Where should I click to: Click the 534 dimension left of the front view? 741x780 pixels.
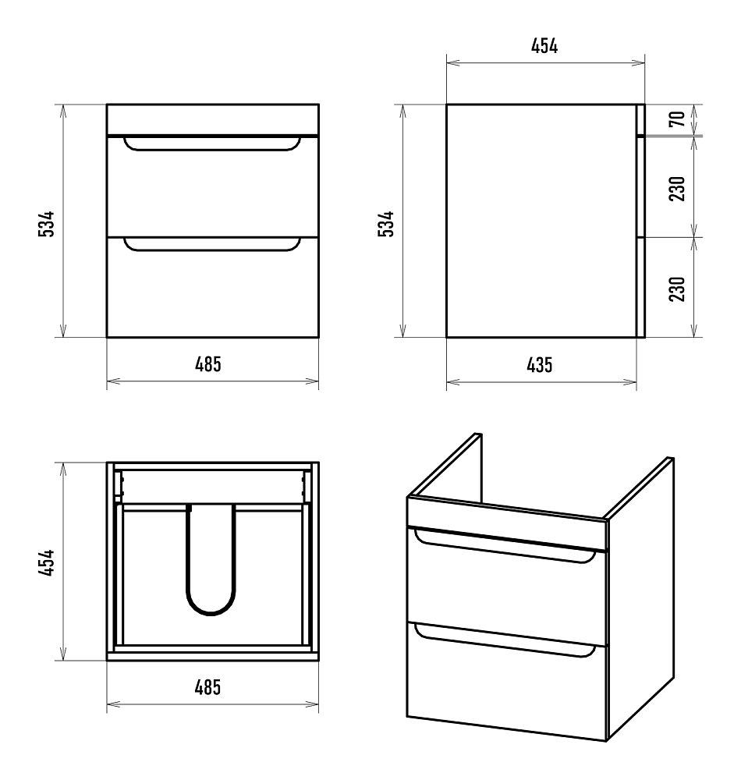pyautogui.click(x=46, y=224)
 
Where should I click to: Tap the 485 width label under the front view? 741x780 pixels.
pyautogui.click(x=208, y=364)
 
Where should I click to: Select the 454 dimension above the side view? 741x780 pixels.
pyautogui.click(x=544, y=46)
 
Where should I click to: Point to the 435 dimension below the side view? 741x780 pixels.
pyautogui.click(x=540, y=365)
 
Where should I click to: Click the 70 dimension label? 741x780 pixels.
pyautogui.click(x=677, y=119)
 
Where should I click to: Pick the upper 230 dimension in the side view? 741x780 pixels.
pyautogui.click(x=677, y=189)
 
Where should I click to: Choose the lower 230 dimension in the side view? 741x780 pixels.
pyautogui.click(x=677, y=289)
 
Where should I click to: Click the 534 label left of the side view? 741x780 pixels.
pyautogui.click(x=386, y=224)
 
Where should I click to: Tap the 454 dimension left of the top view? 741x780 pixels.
pyautogui.click(x=46, y=562)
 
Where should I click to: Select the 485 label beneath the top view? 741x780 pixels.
pyautogui.click(x=208, y=687)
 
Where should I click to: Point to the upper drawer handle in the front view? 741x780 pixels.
pyautogui.click(x=212, y=147)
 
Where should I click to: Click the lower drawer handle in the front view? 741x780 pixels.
pyautogui.click(x=212, y=248)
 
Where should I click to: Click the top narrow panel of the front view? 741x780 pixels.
pyautogui.click(x=213, y=119)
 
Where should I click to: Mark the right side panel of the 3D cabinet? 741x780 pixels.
pyautogui.click(x=640, y=599)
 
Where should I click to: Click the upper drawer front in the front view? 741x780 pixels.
pyautogui.click(x=213, y=186)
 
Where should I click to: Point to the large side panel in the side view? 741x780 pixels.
pyautogui.click(x=541, y=221)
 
